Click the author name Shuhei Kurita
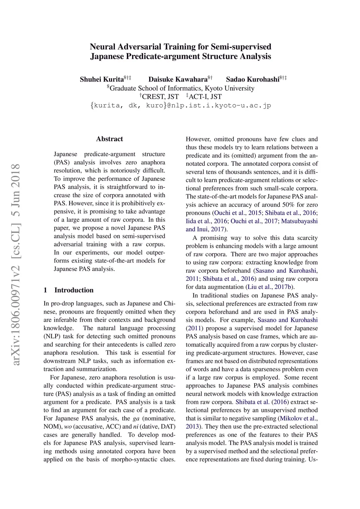(x=102, y=79)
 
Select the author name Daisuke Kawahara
(x=178, y=79)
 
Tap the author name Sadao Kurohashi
(x=252, y=79)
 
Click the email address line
(x=181, y=105)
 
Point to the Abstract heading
(x=109, y=139)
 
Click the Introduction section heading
(x=74, y=290)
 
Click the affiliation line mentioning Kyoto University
(x=181, y=88)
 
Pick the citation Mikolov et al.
(x=299, y=418)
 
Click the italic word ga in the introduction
(x=136, y=418)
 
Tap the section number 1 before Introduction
(x=45, y=290)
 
